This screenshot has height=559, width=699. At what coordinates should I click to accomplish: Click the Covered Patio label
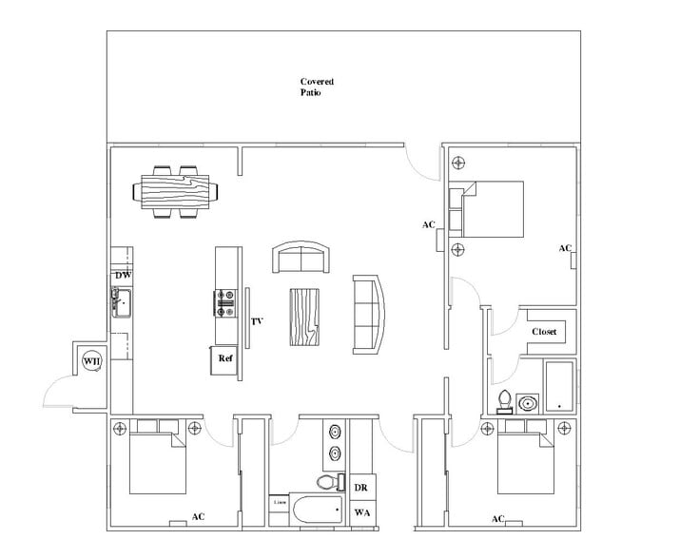(317, 88)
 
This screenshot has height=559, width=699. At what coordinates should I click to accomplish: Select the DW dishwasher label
(122, 276)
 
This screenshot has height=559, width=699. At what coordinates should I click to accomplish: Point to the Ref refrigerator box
(225, 359)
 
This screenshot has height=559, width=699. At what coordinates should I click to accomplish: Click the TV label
(257, 322)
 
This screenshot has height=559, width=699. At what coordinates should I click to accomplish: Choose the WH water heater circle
(91, 361)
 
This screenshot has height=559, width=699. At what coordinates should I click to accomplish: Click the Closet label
(545, 332)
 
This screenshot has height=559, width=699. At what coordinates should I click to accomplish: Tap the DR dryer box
(362, 487)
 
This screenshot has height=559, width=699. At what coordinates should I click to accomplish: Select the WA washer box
(362, 513)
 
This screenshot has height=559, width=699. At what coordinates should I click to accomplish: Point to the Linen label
(280, 501)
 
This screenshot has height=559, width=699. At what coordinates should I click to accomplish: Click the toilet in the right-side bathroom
(505, 400)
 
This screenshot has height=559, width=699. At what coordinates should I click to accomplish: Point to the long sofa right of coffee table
(370, 312)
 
